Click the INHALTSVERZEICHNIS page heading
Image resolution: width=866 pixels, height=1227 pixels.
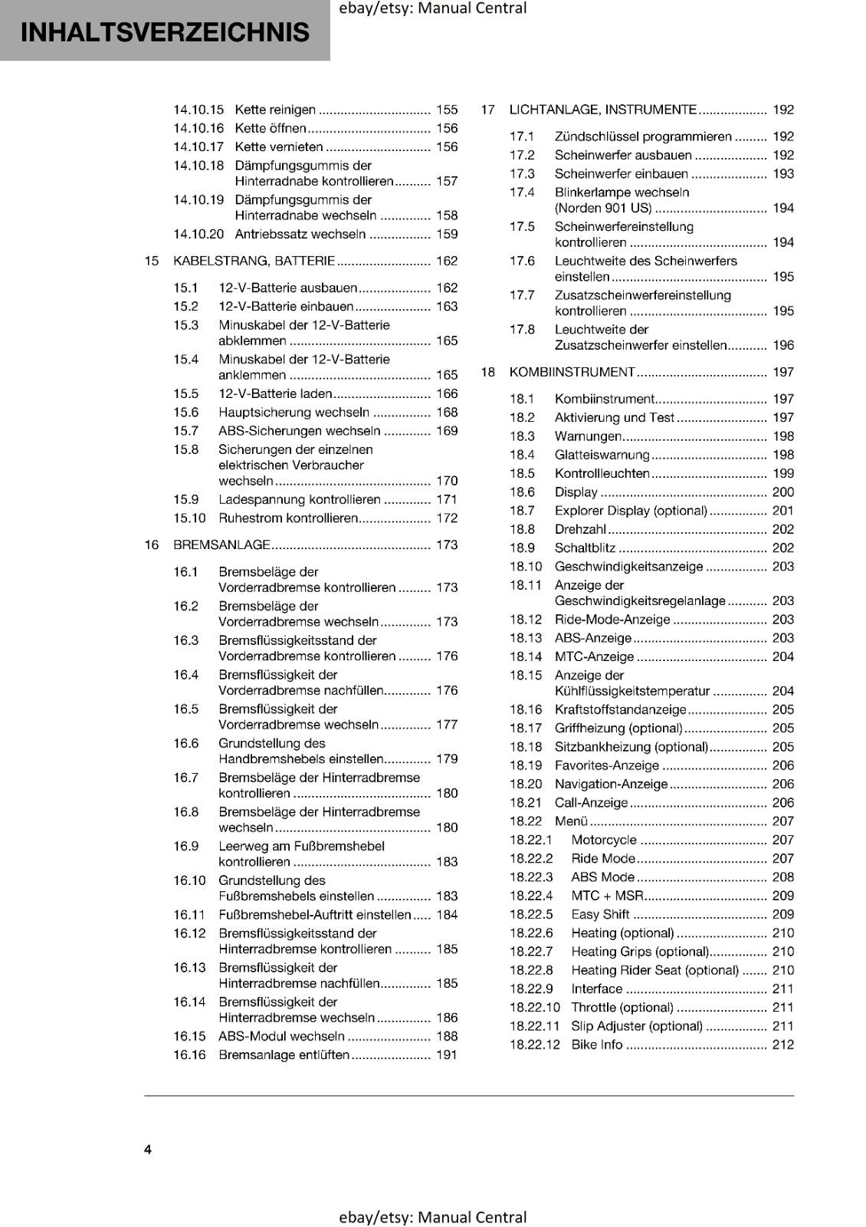click(x=165, y=32)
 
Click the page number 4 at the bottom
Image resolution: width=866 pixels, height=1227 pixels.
click(x=148, y=1149)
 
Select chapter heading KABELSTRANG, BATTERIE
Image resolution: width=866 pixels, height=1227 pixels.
click(x=254, y=261)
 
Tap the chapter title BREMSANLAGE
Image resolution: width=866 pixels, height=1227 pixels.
click(x=221, y=544)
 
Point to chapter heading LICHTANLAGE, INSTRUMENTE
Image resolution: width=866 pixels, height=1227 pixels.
click(x=602, y=110)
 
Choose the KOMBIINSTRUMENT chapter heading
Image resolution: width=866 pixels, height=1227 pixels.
click(x=572, y=372)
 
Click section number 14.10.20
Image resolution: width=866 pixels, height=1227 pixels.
click(x=198, y=234)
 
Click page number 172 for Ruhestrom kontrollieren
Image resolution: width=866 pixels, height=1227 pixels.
click(x=447, y=518)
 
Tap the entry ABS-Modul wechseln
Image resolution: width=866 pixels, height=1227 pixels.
click(x=281, y=1036)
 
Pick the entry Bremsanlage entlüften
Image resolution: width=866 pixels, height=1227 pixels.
click(x=284, y=1054)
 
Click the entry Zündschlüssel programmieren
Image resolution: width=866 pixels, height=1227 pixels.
click(x=643, y=137)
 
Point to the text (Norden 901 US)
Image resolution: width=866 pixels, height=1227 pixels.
click(x=603, y=208)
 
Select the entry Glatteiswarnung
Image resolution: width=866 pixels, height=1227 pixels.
click(x=602, y=455)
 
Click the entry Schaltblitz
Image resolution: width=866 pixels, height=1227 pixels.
click(x=585, y=548)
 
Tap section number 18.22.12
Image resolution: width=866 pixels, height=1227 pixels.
click(x=534, y=1044)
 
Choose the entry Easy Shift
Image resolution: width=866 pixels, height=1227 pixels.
click(x=600, y=914)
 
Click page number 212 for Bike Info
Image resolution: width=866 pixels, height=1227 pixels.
click(x=783, y=1044)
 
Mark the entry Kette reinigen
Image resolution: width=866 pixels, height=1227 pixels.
click(x=274, y=110)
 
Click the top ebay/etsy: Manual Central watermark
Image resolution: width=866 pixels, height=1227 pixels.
click(x=432, y=8)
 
